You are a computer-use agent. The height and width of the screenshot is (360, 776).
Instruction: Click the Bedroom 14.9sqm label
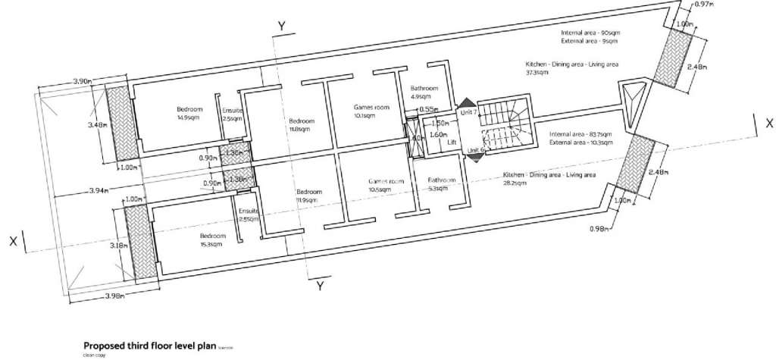tap(186, 113)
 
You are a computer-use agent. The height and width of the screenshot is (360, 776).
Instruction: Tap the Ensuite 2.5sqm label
tap(233, 113)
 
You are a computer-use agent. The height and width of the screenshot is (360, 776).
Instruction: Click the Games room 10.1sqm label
tap(371, 111)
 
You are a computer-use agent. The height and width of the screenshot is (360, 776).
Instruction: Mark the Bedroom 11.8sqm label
tap(301, 124)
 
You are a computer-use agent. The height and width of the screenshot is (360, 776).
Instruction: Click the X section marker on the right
tap(768, 121)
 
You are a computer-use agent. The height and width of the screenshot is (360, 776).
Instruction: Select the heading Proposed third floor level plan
tap(155, 343)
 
